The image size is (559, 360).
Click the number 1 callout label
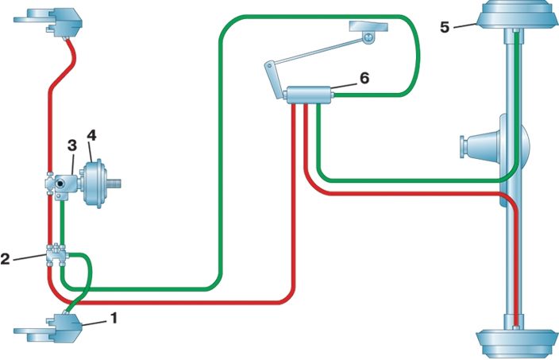coord(114,318)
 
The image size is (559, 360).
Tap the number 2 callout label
coord(6,258)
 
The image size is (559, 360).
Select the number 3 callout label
coord(72,145)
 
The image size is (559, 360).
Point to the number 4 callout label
coord(91,135)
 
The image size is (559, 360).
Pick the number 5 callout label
coord(445,27)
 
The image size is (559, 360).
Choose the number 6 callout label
coord(364,78)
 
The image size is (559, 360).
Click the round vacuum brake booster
coord(94,184)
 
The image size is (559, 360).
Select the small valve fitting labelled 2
coord(56,255)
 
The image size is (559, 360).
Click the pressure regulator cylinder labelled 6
coord(309,95)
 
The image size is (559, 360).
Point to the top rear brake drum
coord(517,15)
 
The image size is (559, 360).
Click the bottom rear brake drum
coord(517,343)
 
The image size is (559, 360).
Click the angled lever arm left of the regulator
coord(274,80)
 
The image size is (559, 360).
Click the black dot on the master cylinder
coord(60,184)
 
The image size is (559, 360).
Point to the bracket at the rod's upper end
coord(368,32)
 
